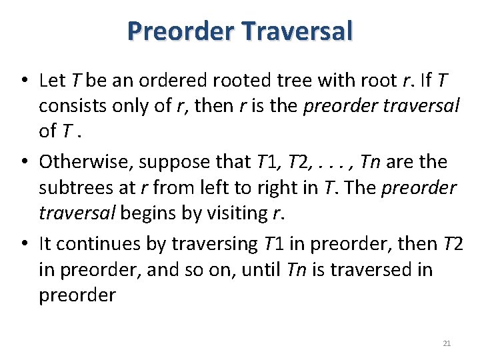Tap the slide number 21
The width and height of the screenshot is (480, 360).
tap(447, 343)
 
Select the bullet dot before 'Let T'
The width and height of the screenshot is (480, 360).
tap(23, 81)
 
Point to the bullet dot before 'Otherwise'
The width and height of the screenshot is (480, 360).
tap(23, 162)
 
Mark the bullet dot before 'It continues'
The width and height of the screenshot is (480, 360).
tap(23, 244)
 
